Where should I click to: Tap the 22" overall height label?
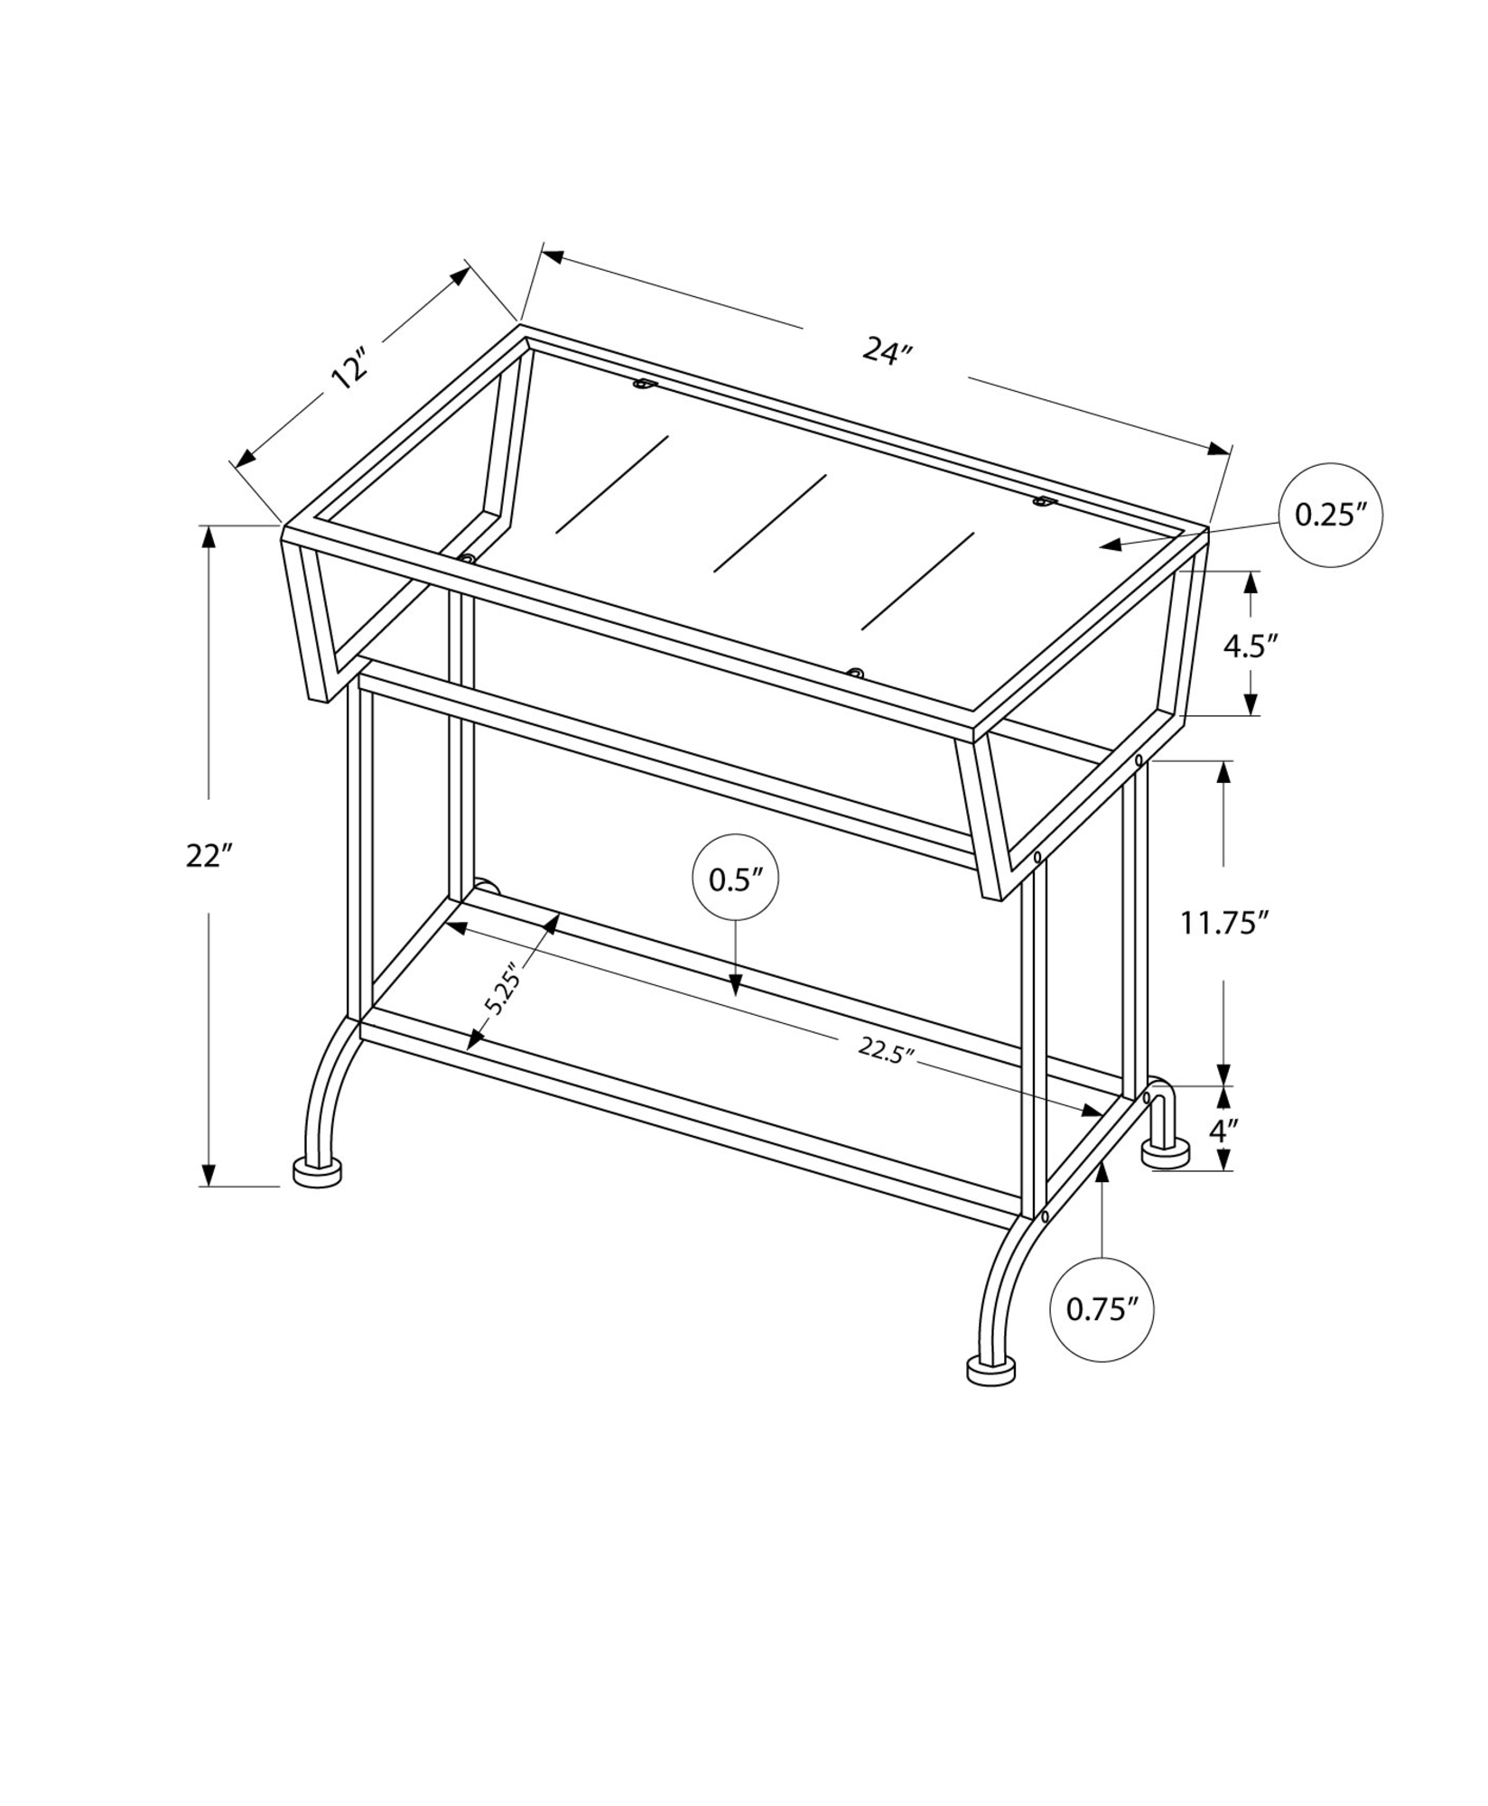[x=209, y=855]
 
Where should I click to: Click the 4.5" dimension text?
[x=1251, y=647]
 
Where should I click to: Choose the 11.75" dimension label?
[x=1225, y=923]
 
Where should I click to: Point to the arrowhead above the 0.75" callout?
[x=1102, y=1170]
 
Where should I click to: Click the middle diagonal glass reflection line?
[x=770, y=524]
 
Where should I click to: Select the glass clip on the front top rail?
[x=854, y=673]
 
